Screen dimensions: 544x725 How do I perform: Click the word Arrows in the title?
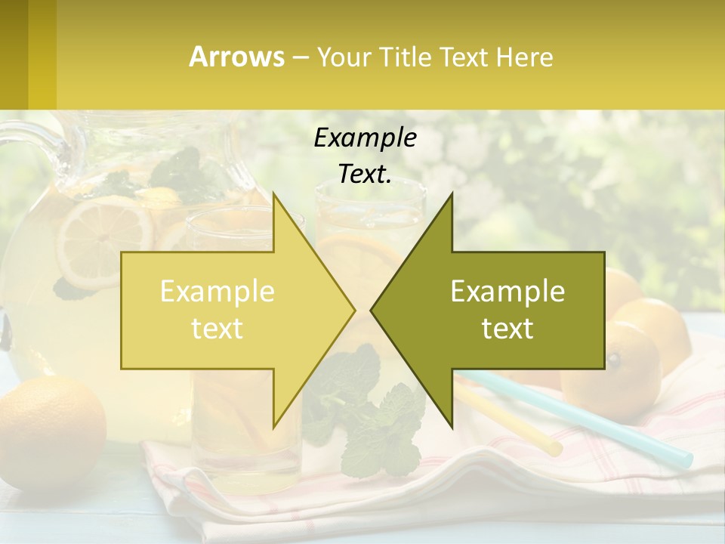pyautogui.click(x=236, y=57)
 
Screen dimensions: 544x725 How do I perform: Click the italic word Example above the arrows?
pyautogui.click(x=365, y=138)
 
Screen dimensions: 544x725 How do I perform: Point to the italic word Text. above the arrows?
pyautogui.click(x=365, y=174)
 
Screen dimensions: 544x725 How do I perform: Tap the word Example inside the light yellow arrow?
pyautogui.click(x=217, y=291)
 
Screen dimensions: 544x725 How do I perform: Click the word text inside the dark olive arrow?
pyautogui.click(x=507, y=329)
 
